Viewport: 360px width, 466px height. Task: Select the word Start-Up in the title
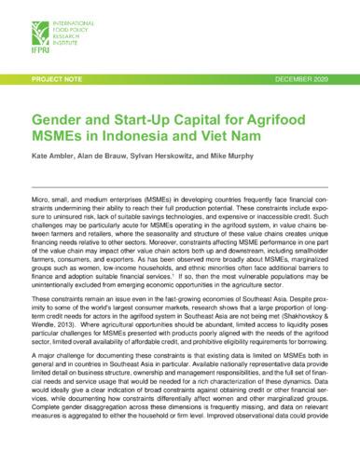pos(146,120)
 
